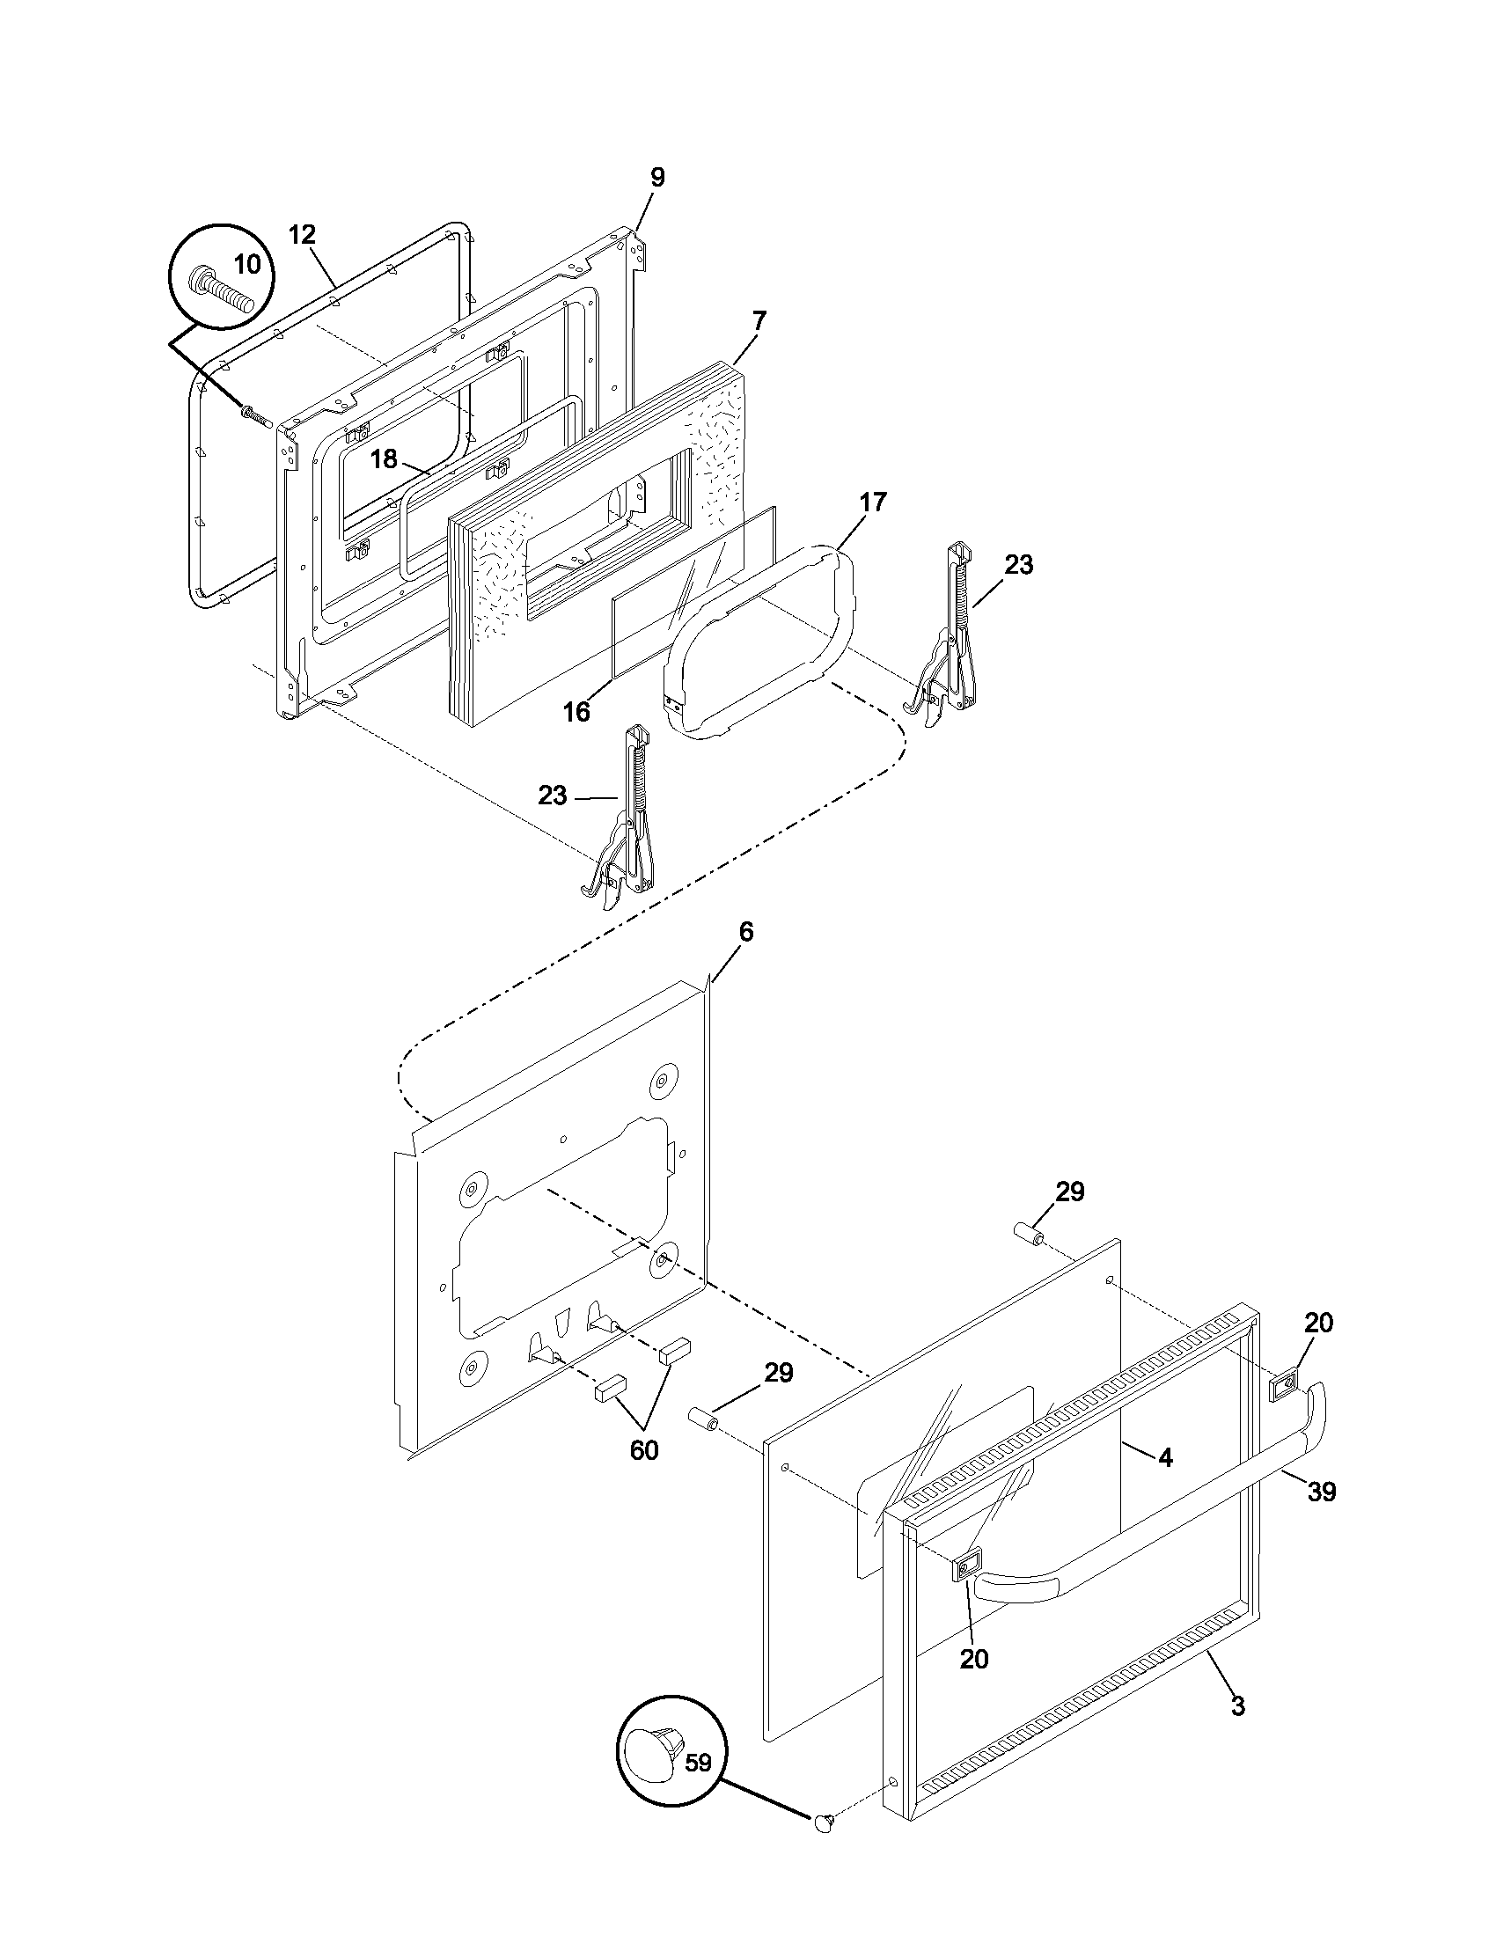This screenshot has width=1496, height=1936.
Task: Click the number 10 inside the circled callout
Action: (247, 263)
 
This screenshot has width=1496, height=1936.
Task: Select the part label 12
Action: (301, 235)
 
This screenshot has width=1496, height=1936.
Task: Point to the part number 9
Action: (656, 177)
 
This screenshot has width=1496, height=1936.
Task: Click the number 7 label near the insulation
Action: (759, 320)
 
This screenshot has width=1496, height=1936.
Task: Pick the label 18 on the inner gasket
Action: (384, 459)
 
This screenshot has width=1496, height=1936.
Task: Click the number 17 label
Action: (872, 502)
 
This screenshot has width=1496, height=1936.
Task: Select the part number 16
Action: (576, 712)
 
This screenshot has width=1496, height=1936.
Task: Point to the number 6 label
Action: (746, 932)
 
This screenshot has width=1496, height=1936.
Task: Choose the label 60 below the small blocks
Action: (644, 1450)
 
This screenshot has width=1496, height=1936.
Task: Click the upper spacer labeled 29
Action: (1029, 1232)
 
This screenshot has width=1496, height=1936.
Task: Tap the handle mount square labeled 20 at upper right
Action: (1283, 1385)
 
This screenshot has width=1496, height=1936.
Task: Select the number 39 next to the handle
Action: (1322, 1492)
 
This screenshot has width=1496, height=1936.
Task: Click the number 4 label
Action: (1165, 1457)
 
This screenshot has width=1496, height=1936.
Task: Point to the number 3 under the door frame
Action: (1237, 1705)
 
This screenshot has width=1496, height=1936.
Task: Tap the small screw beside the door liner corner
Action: (254, 413)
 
